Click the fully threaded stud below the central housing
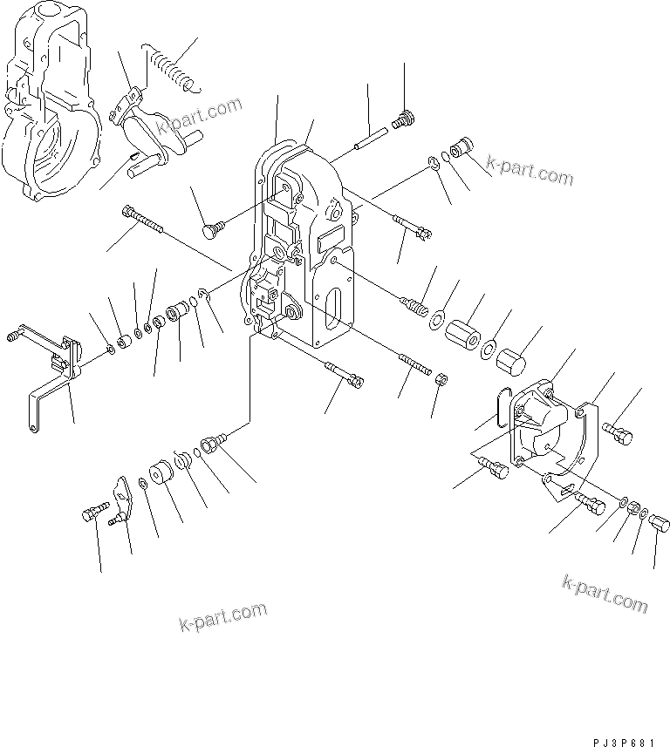tap(414, 364)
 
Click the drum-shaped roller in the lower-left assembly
tap(160, 475)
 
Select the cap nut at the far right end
tap(660, 522)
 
